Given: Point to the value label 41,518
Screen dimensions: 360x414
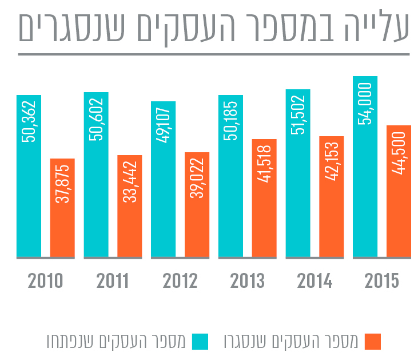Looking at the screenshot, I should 264,167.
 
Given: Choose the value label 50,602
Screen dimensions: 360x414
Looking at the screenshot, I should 96,120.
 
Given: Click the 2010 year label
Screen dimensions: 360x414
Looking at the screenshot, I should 45,282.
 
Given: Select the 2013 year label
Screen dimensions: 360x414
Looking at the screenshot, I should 247,282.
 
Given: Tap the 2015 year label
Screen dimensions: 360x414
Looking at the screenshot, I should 382,282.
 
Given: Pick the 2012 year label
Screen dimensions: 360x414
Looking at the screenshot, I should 180,282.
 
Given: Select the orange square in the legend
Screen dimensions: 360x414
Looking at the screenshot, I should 372,341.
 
